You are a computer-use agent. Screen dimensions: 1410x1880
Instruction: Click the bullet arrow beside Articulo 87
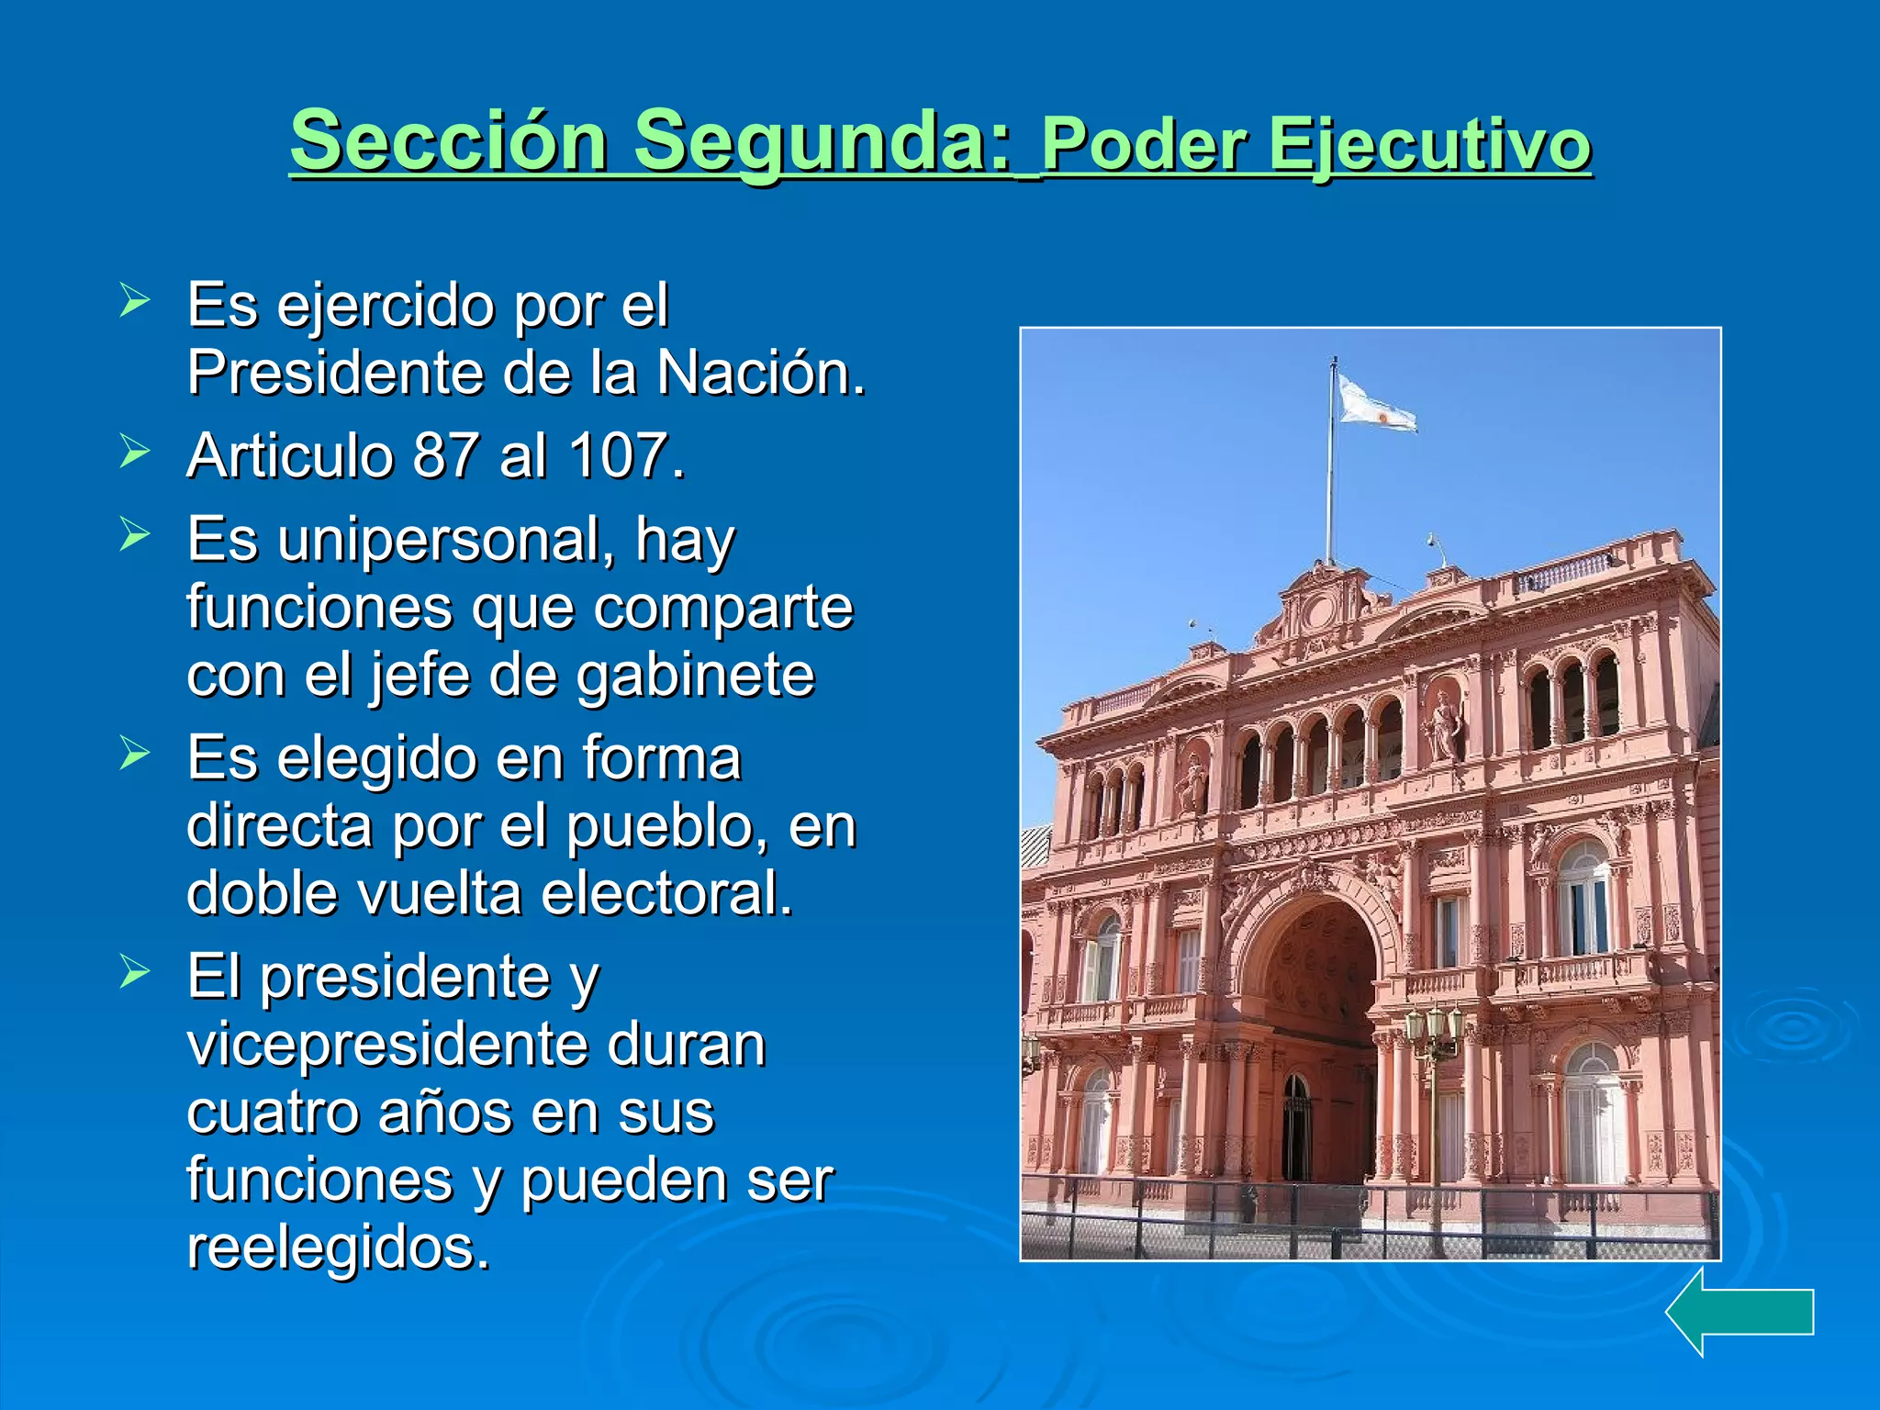click(x=134, y=451)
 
